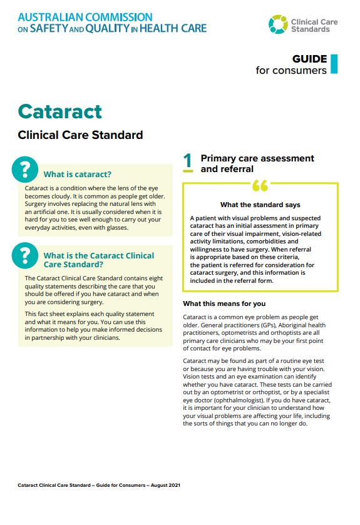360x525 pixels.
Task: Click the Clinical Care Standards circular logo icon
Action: click(278, 25)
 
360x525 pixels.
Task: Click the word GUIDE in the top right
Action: click(309, 59)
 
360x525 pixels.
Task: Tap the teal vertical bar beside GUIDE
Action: click(334, 64)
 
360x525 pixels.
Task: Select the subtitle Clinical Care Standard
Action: click(80, 135)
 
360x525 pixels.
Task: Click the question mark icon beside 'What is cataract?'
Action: click(25, 169)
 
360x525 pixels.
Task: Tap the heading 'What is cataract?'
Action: click(77, 175)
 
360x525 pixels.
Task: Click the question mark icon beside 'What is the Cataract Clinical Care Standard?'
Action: click(25, 254)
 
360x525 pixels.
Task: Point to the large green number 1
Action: click(188, 162)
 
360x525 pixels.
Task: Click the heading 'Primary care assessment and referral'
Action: click(257, 163)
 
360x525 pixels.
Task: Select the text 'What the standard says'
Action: click(260, 205)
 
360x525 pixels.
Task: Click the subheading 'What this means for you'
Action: click(224, 304)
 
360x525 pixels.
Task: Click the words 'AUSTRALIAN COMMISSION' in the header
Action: click(85, 17)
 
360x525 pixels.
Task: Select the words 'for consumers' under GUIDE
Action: click(291, 70)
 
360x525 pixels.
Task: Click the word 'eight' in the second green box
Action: click(158, 278)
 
